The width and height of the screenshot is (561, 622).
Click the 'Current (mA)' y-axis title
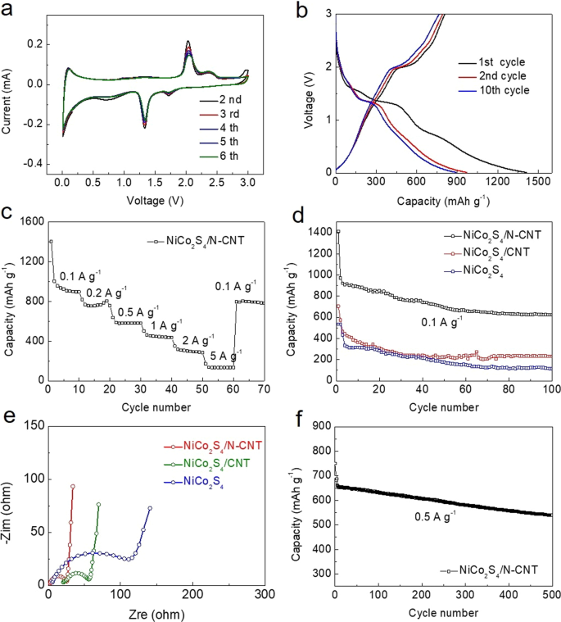coord(9,93)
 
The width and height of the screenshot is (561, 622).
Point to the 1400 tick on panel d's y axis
coord(317,233)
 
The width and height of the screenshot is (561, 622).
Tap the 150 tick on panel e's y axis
coord(34,423)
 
